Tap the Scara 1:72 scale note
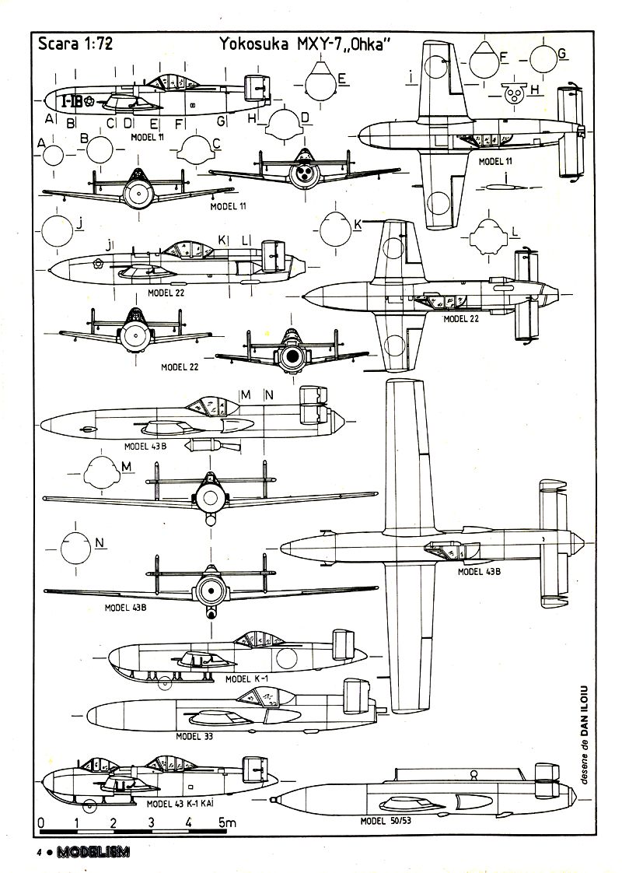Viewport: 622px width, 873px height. [x=75, y=44]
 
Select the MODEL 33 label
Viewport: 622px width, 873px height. [x=194, y=735]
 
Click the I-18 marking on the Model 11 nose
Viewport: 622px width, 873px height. [x=72, y=101]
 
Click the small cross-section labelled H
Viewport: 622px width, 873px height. [x=512, y=93]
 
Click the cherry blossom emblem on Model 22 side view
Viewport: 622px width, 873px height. [x=99, y=263]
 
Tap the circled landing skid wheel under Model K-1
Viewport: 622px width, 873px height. [x=164, y=684]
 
